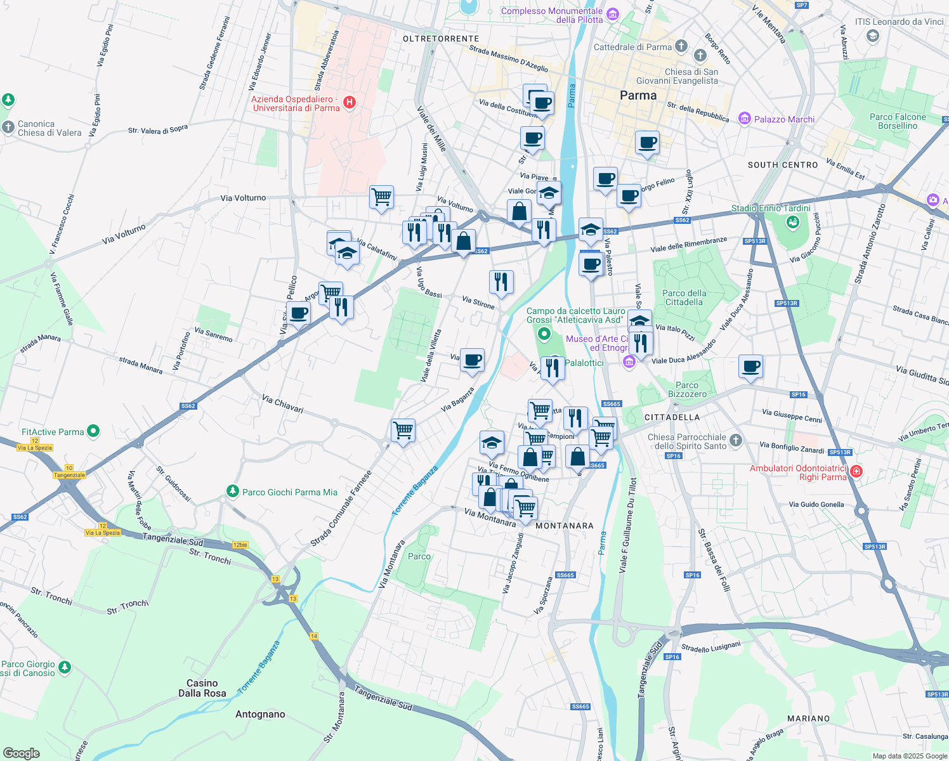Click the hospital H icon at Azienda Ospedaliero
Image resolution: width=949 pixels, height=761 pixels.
(349, 102)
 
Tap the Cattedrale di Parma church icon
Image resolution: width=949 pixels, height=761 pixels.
(681, 46)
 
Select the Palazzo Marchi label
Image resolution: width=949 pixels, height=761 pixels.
(784, 119)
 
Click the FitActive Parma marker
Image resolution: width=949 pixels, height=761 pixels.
(93, 431)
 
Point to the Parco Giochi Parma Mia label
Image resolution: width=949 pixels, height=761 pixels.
(290, 492)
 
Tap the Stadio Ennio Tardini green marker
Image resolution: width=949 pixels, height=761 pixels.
(792, 221)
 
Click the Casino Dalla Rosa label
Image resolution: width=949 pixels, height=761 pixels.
(202, 688)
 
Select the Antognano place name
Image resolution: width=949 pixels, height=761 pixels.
(260, 714)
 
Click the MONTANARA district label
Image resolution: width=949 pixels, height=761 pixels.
(565, 526)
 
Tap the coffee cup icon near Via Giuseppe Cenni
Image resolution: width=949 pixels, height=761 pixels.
(750, 367)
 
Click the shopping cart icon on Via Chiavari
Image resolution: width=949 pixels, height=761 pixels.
(403, 431)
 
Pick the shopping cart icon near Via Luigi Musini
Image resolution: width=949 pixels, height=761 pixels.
(382, 197)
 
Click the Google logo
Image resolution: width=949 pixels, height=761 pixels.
(22, 753)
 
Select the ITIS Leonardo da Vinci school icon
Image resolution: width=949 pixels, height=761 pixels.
(873, 36)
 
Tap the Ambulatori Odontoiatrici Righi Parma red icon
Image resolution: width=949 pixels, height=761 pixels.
(856, 471)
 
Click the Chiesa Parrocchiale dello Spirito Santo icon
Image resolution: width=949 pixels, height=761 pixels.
(735, 439)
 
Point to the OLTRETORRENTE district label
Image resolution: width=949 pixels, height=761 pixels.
(441, 39)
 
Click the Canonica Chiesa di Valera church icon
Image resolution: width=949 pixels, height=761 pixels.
(8, 127)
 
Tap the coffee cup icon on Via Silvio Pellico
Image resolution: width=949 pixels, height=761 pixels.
(298, 313)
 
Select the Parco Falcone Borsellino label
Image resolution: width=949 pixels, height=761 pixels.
(898, 121)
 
